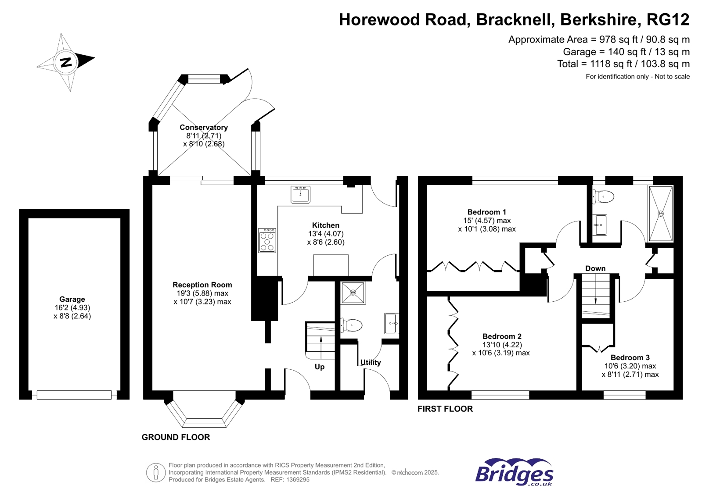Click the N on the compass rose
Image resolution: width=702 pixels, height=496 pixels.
(x=66, y=62)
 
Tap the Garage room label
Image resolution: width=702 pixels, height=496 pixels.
(x=72, y=299)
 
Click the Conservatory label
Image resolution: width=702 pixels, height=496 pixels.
(x=204, y=127)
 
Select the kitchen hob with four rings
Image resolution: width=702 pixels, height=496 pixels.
(x=267, y=240)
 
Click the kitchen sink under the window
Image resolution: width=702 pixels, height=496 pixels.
(x=300, y=194)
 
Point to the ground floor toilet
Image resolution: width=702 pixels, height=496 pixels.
(x=351, y=325)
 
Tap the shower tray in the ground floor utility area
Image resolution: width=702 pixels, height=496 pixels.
(x=353, y=293)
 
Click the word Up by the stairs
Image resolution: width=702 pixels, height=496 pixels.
(x=320, y=367)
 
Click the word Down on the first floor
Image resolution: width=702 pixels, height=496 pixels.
(x=595, y=268)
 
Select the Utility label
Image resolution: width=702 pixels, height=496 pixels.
(x=371, y=362)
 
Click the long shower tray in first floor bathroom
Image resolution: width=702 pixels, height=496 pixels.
(x=660, y=214)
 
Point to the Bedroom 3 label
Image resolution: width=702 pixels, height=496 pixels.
(x=630, y=357)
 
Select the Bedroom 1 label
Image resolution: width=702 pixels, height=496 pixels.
(x=486, y=212)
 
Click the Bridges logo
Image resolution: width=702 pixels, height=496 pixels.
(x=514, y=473)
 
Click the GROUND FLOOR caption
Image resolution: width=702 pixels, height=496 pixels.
(x=176, y=437)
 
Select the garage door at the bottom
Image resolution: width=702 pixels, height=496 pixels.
(x=74, y=395)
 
